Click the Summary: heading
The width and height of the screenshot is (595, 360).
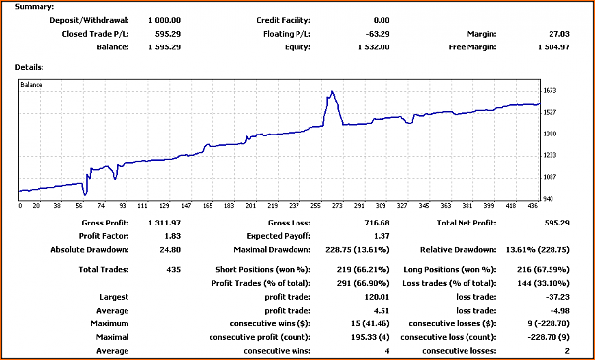35,7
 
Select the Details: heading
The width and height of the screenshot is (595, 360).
29,67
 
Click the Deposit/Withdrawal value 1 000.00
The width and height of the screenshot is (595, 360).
164,20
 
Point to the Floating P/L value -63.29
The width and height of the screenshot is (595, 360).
378,34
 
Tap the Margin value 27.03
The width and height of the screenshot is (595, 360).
559,34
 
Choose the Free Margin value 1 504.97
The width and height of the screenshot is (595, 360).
553,47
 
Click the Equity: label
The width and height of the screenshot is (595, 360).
297,47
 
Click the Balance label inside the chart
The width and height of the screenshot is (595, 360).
31,85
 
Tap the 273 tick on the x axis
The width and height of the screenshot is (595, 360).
337,206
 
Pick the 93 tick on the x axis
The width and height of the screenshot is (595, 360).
123,206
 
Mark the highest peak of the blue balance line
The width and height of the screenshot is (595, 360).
332,91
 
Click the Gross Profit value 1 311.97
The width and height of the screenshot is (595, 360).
164,223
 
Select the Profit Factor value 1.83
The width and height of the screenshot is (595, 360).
173,236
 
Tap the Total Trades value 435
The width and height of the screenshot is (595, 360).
173,270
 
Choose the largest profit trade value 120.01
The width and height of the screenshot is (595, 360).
378,297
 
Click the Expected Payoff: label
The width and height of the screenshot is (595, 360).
279,236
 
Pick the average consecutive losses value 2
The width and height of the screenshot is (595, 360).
567,351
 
